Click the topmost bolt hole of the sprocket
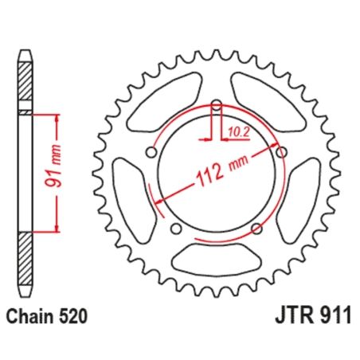(x=217, y=104)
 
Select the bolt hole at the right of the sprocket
(x=280, y=151)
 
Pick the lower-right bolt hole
(x=256, y=229)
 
